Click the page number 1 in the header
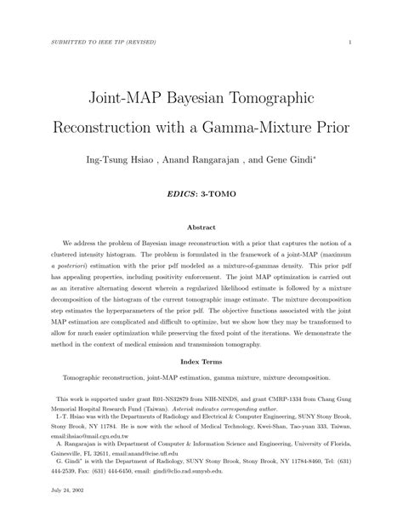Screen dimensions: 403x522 [x=351, y=43]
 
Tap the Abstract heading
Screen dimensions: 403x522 [x=201, y=228]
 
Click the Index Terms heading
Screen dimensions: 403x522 [x=201, y=361]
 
